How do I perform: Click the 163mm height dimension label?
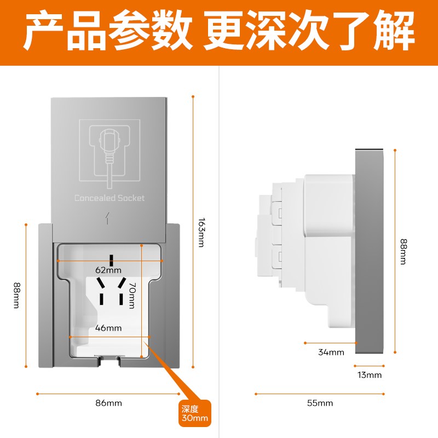201,233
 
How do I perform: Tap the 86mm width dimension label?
108,403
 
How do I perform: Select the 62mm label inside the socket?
108,270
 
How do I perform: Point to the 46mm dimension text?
108,328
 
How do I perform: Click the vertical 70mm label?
132,295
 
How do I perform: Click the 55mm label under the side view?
320,403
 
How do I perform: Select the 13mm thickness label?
370,375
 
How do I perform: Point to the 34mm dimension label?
331,352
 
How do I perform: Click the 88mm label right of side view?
404,252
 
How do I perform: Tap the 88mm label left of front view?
16,295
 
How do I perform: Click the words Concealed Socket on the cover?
109,198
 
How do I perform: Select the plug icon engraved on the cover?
109,151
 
